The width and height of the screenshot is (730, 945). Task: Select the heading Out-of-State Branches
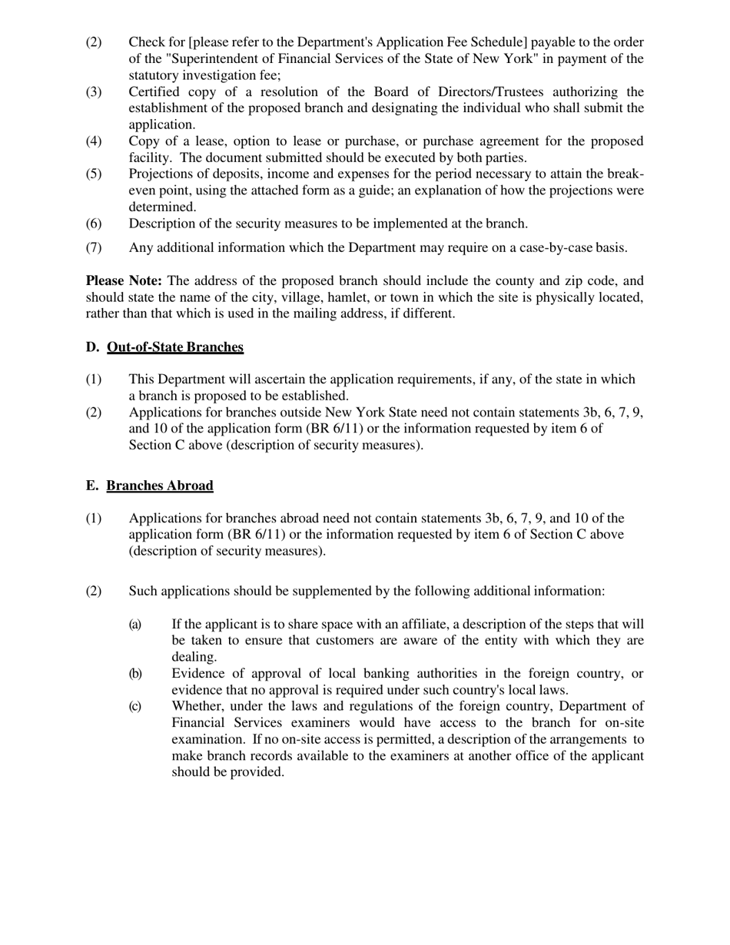175,347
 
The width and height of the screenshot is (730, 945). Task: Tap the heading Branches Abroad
160,486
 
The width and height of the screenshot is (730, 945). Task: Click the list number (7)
93,247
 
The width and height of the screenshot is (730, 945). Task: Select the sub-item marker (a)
135,625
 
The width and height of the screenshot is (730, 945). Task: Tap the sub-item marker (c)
135,706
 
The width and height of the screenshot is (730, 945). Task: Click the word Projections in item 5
162,174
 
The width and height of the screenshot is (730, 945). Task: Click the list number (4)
93,141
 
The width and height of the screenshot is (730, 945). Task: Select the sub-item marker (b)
135,674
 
